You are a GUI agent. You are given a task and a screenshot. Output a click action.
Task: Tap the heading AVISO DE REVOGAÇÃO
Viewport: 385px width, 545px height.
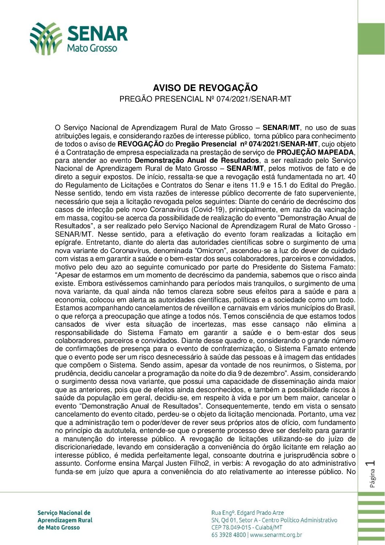205,88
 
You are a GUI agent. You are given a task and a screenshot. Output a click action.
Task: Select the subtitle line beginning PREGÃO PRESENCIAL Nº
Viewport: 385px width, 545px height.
205,99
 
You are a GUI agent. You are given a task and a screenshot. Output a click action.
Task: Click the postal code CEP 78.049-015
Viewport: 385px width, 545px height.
231,528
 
